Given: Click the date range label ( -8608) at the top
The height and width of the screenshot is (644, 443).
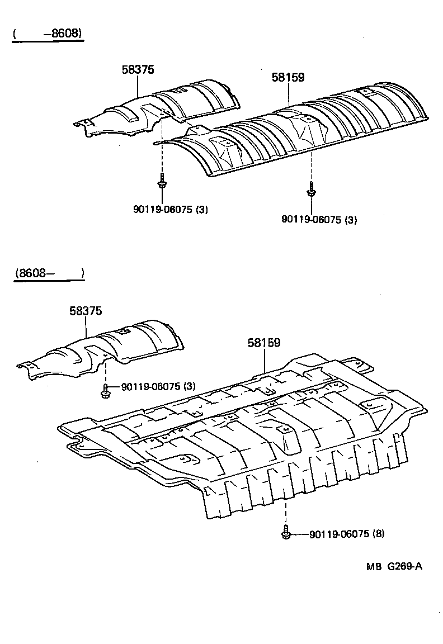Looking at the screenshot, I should click(x=48, y=34).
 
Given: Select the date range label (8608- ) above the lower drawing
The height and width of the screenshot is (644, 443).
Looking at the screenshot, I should click(x=49, y=273).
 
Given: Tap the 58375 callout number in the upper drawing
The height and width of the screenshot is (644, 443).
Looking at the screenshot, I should click(x=138, y=69).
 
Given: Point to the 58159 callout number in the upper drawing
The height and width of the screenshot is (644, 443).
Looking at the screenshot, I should click(x=288, y=78).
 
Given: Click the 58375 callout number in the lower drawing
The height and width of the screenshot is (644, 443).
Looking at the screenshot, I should click(x=86, y=311).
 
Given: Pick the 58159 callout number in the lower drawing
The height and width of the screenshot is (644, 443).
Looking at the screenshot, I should click(x=264, y=343).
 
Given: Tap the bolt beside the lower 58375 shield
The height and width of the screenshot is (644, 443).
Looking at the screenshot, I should click(x=105, y=391).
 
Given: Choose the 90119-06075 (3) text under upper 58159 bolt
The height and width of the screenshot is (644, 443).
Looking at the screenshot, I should click(x=319, y=219).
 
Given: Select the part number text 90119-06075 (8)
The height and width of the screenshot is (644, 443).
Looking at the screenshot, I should click(x=347, y=534).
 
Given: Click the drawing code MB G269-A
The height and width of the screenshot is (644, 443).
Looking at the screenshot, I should click(x=394, y=566).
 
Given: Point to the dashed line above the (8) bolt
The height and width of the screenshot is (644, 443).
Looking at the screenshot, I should click(x=286, y=512).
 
